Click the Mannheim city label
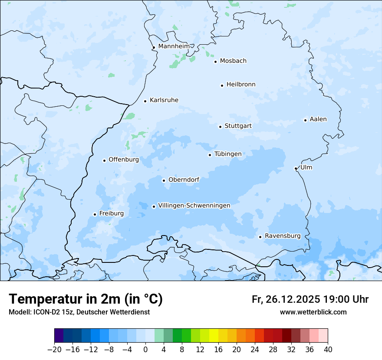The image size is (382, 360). tap(174, 46)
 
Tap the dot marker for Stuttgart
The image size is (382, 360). tap(220, 127)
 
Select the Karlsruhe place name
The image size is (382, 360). tap(164, 100)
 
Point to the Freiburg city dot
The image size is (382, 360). tap(95, 214)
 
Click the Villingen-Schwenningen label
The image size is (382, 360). tap(194, 206)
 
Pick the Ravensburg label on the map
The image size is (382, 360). tap(282, 236)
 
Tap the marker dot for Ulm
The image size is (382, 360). tap(296, 168)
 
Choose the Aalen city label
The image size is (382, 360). tap(318, 119)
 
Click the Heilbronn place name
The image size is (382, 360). tap(241, 85)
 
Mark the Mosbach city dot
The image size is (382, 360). tap(215, 62)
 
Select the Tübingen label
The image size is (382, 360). tap(228, 154)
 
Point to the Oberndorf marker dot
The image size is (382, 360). tap(164, 180)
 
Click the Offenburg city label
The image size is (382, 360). tap(123, 160)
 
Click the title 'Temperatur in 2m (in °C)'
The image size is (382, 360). tap(86, 299)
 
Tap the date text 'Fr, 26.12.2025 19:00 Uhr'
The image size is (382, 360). tap(310, 299)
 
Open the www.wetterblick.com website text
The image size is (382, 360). tap(313, 312)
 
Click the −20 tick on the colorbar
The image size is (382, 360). tap(54, 350)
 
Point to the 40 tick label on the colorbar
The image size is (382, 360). tap(328, 350)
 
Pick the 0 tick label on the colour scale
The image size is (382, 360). tap(145, 350)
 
